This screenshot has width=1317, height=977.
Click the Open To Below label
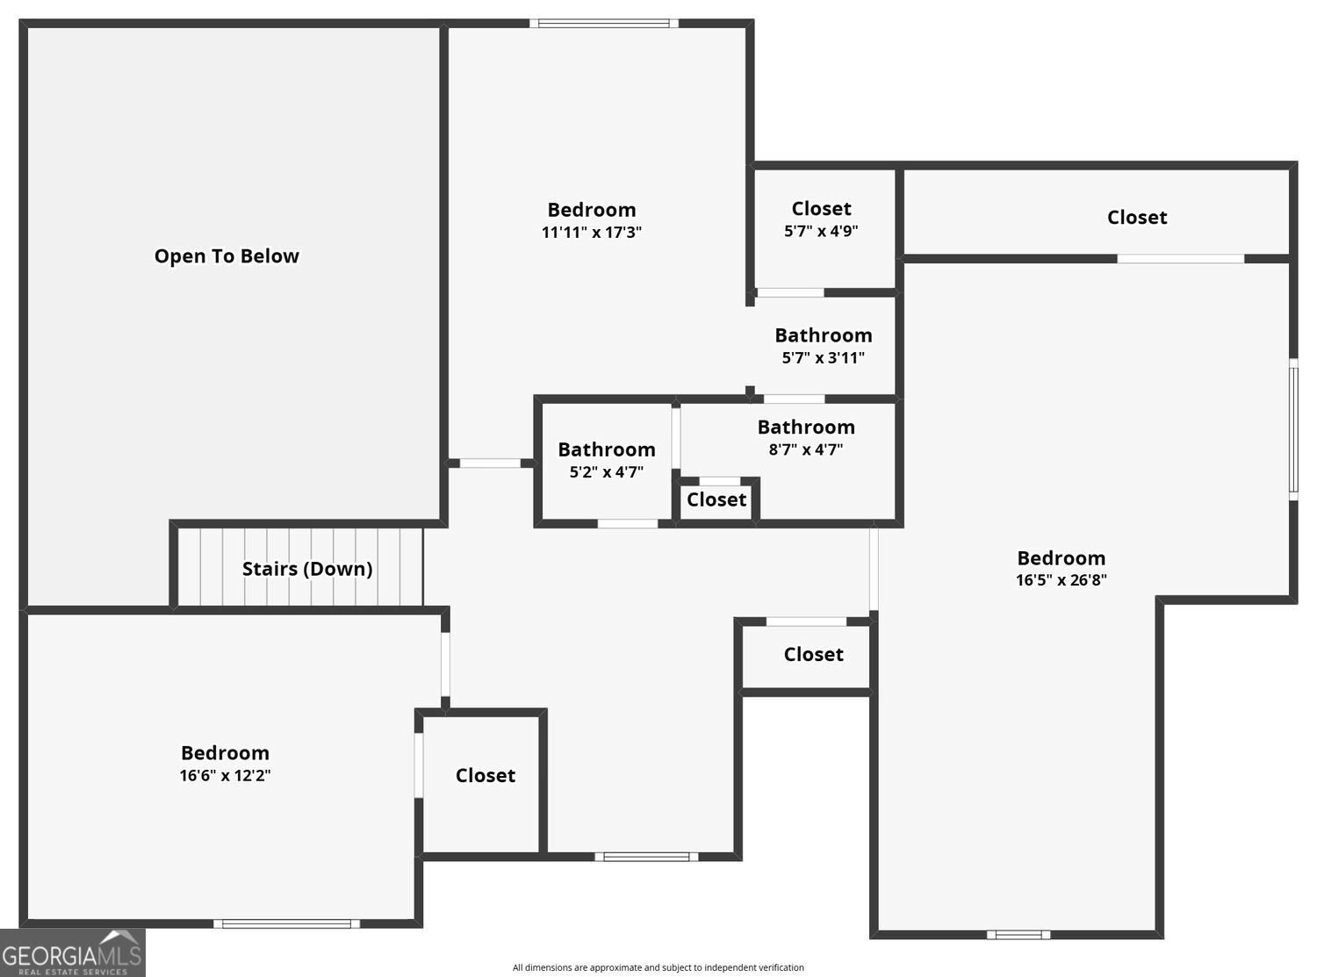227,256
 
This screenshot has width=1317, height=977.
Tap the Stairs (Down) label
306,569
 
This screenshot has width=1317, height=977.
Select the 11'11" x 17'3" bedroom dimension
592,233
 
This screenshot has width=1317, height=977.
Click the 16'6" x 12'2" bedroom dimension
225,776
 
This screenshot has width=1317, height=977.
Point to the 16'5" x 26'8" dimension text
1061,580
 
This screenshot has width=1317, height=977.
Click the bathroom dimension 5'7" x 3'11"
823,358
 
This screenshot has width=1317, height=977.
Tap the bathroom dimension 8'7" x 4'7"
805,449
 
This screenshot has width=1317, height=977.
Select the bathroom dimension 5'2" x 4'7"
606,472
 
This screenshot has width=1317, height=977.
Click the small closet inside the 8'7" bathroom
716,500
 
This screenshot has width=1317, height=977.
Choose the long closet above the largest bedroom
1136,218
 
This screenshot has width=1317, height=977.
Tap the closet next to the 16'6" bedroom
485,776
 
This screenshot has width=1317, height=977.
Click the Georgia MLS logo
72,954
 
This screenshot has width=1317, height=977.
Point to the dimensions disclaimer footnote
658,967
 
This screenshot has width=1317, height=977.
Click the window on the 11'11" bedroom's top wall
603,24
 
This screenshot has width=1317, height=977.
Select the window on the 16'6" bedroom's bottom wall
286,923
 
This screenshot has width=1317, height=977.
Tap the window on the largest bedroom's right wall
1293,428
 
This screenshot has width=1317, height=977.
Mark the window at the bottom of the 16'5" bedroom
1018,935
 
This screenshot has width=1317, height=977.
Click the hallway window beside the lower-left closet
646,857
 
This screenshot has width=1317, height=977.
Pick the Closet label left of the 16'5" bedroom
813,655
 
